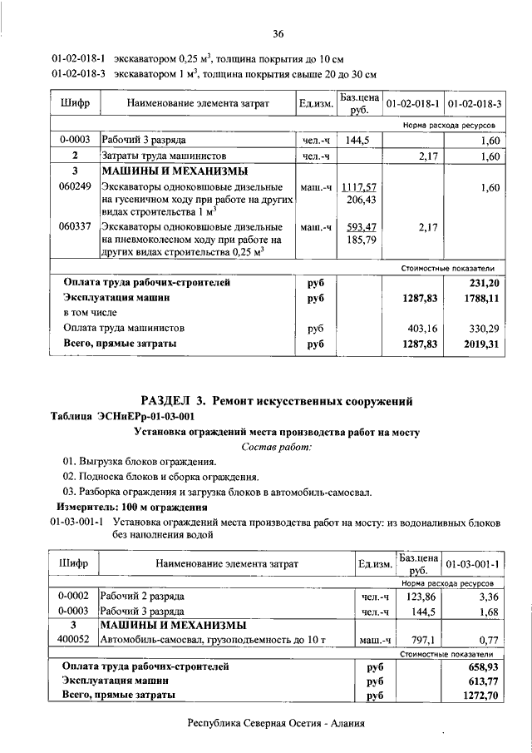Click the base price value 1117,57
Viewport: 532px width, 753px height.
coord(359,189)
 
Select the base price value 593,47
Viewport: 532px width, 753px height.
coord(359,226)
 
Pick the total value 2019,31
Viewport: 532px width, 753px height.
coord(482,343)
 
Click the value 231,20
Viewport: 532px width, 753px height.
coord(485,283)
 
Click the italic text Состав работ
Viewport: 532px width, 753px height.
coord(277,448)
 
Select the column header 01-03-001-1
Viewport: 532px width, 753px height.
coord(472,563)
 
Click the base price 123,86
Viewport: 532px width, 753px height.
coord(418,596)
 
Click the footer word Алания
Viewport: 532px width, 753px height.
coord(342,724)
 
